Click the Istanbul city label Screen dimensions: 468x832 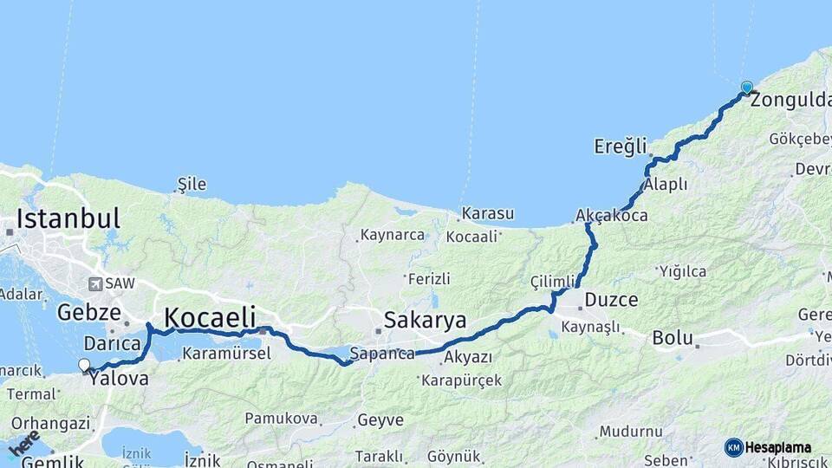click(x=68, y=218)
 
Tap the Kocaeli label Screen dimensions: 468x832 click(x=210, y=316)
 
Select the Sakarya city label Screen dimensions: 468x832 click(x=426, y=319)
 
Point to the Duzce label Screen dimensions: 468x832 click(x=611, y=301)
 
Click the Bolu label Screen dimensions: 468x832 click(x=673, y=337)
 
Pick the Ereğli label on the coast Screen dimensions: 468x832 click(x=621, y=146)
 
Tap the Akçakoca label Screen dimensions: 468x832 click(x=612, y=215)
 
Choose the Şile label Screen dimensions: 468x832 click(x=192, y=184)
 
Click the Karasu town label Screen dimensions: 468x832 click(x=487, y=213)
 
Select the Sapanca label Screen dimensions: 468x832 click(x=382, y=354)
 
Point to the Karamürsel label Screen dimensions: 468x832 click(x=228, y=354)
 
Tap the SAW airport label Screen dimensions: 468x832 click(x=114, y=283)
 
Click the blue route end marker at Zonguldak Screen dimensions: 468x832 click(x=747, y=88)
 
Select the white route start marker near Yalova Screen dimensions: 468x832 click(x=84, y=366)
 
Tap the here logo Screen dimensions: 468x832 click(x=24, y=444)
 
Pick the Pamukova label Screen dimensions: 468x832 click(x=281, y=419)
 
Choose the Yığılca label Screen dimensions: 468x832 click(x=682, y=271)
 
